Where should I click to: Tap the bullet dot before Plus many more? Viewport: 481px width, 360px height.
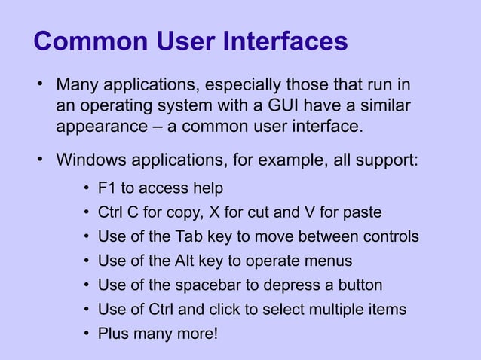[x=88, y=334]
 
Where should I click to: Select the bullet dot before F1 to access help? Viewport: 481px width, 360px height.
[x=88, y=187]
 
